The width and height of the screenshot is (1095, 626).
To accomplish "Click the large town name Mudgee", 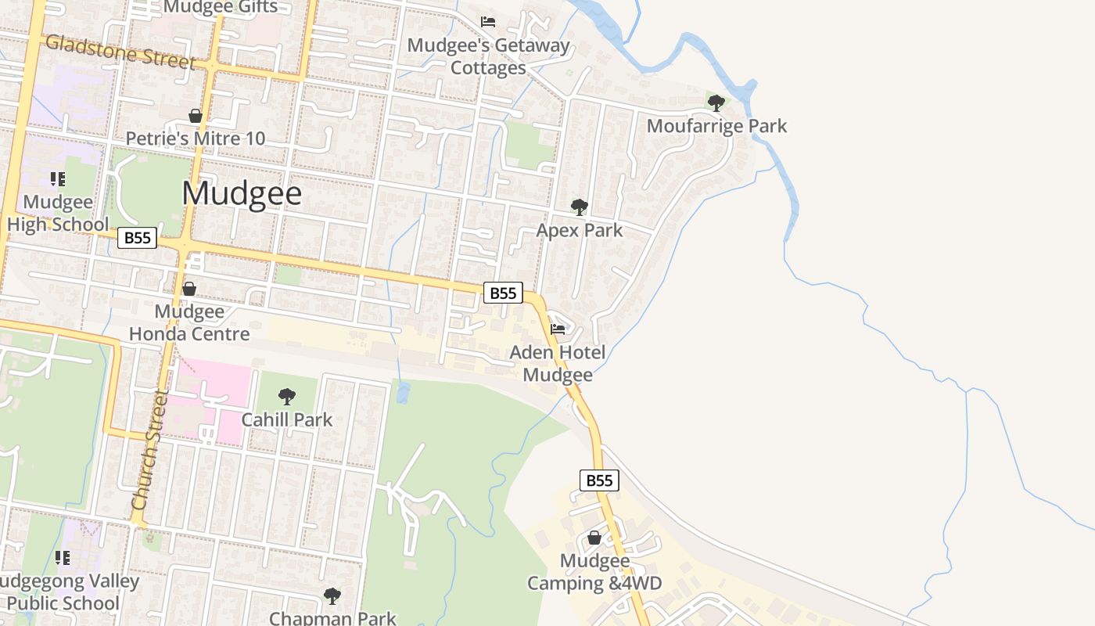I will click(242, 193).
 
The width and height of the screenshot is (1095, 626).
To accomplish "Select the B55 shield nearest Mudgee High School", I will click(138, 238).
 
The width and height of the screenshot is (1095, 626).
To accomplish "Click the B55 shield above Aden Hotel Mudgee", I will click(503, 293).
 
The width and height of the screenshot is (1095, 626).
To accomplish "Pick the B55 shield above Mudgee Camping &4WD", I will click(599, 480).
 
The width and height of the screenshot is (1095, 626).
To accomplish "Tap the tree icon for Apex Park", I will click(580, 207).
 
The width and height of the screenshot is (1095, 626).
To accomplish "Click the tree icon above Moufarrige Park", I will click(716, 103).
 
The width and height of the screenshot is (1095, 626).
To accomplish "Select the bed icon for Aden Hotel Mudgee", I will click(558, 329).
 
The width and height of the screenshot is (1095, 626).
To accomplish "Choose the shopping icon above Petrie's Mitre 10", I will click(196, 117).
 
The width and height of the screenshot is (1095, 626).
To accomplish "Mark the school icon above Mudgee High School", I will click(58, 179).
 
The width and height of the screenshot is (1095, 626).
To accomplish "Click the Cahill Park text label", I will click(287, 419).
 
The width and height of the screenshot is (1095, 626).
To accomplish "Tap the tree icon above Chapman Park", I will click(332, 596).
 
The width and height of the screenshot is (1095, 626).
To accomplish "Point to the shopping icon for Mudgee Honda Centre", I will click(189, 289).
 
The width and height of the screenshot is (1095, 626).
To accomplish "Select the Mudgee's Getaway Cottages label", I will click(489, 56).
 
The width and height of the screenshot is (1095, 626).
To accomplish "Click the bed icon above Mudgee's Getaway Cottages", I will click(488, 22).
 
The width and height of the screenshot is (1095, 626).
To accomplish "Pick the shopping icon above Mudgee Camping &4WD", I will click(594, 538).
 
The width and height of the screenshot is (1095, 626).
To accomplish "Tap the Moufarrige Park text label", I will click(716, 126).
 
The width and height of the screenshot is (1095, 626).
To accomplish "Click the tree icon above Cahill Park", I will click(287, 397).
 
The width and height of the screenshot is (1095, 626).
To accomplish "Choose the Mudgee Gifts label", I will click(221, 7).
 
